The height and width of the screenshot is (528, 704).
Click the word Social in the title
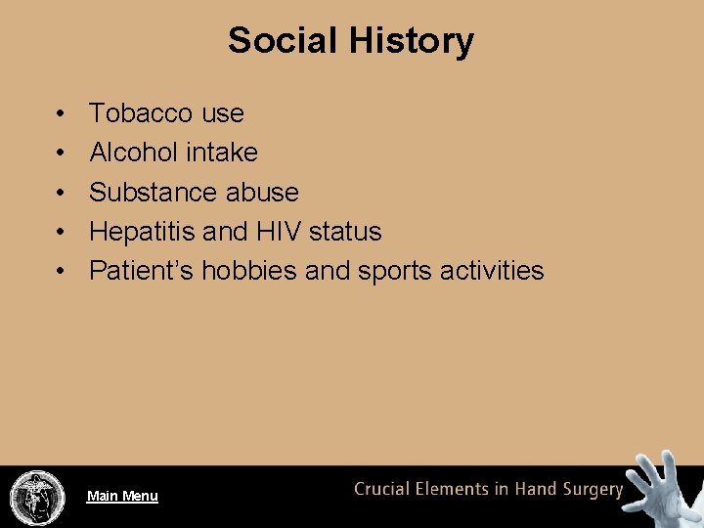(x=282, y=41)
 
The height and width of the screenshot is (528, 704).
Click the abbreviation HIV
(x=281, y=232)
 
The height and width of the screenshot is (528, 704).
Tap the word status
(x=346, y=232)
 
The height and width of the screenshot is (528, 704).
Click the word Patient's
(x=141, y=271)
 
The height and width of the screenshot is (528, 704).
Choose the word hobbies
(x=249, y=271)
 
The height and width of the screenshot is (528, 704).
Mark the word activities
(x=492, y=271)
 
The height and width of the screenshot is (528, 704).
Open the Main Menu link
(x=122, y=496)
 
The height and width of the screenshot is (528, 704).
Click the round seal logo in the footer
(x=36, y=496)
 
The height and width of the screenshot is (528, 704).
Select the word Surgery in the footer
(x=589, y=490)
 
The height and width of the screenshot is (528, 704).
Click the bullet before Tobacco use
(x=61, y=114)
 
